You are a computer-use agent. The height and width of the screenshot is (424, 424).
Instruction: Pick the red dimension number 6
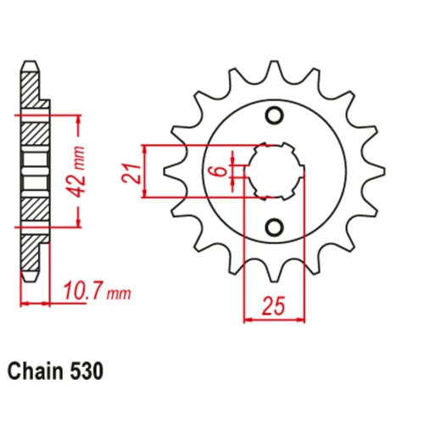[x=219, y=171]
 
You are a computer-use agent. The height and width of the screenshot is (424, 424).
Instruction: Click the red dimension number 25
[x=274, y=304]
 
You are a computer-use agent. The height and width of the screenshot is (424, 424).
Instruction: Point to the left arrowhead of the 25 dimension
[x=248, y=320]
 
